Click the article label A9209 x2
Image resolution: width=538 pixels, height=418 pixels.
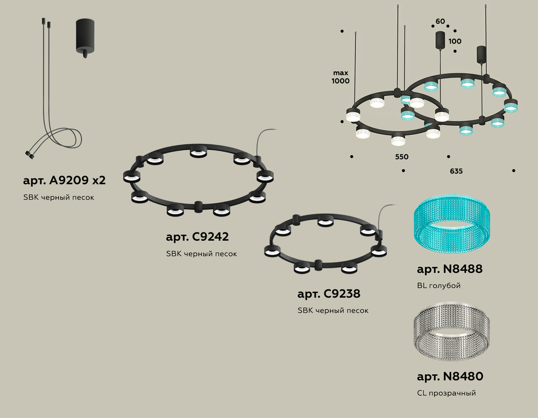(x=64, y=180)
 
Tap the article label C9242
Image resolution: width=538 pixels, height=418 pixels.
(x=197, y=237)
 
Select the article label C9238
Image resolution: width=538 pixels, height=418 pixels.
(x=329, y=294)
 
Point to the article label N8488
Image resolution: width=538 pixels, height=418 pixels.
(x=449, y=269)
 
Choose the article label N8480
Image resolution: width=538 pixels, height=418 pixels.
(x=450, y=377)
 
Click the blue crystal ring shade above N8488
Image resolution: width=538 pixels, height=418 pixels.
(x=452, y=225)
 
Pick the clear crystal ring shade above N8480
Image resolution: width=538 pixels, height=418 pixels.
(x=452, y=332)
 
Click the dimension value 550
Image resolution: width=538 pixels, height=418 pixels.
(x=401, y=157)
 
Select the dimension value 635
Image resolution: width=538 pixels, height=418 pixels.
(x=456, y=171)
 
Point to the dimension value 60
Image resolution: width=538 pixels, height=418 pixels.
(x=440, y=21)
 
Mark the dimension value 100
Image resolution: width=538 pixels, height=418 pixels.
(x=455, y=41)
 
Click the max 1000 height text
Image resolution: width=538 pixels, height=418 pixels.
(x=341, y=77)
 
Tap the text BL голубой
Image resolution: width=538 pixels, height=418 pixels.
(x=438, y=285)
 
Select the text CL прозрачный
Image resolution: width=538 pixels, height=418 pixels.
(x=447, y=393)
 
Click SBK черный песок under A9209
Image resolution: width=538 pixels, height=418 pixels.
(x=58, y=197)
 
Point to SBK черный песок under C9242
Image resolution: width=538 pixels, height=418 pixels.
(x=201, y=254)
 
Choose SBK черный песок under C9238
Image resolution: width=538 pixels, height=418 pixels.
(x=333, y=311)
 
